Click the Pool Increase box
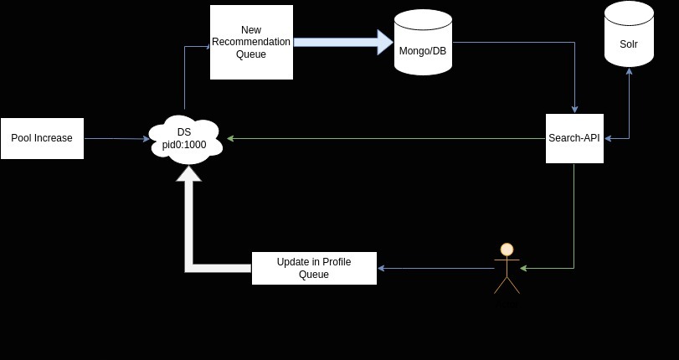tap(42, 138)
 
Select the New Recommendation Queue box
tap(251, 42)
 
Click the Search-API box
tap(574, 138)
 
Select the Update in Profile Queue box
tap(314, 268)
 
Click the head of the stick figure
tap(507, 249)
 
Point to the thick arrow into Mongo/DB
tap(343, 42)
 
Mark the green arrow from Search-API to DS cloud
tap(385, 138)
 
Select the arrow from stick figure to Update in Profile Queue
tap(435, 268)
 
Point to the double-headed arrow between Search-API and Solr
tap(629, 109)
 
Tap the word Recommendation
tap(251, 42)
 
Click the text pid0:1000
tap(185, 145)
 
